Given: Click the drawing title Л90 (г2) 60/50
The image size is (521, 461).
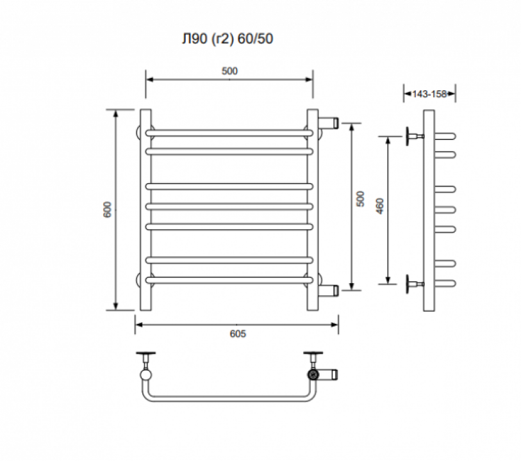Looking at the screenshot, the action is pyautogui.click(x=227, y=39).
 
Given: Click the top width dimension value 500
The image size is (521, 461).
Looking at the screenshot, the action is pyautogui.click(x=229, y=71).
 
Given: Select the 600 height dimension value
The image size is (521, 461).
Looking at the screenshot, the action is pyautogui.click(x=108, y=209).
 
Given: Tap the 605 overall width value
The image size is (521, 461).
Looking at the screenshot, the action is pyautogui.click(x=238, y=334).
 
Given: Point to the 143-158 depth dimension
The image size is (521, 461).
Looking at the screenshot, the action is pyautogui.click(x=429, y=94).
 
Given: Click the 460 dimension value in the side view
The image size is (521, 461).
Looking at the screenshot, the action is pyautogui.click(x=380, y=206).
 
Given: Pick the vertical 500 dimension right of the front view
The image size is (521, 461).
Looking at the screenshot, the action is pyautogui.click(x=360, y=198).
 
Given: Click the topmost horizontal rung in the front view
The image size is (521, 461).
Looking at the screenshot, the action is pyautogui.click(x=229, y=133).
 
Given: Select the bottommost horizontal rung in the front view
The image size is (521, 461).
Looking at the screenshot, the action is pyautogui.click(x=229, y=280).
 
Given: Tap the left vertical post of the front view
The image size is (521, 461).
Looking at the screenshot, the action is pyautogui.click(x=145, y=210).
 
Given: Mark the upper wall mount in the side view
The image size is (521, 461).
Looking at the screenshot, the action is pyautogui.click(x=414, y=136).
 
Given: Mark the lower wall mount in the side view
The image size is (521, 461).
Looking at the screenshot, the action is pyautogui.click(x=414, y=284).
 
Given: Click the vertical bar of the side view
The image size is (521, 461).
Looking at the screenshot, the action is pyautogui.click(x=429, y=211).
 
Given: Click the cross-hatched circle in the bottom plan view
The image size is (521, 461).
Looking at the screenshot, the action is pyautogui.click(x=313, y=375).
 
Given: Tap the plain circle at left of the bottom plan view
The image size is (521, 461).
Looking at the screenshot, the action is pyautogui.click(x=146, y=375).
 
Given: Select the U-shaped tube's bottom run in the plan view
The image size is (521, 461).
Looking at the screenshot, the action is pyautogui.click(x=229, y=399).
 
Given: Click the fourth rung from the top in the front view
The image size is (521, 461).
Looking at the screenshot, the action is pyautogui.click(x=229, y=207).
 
